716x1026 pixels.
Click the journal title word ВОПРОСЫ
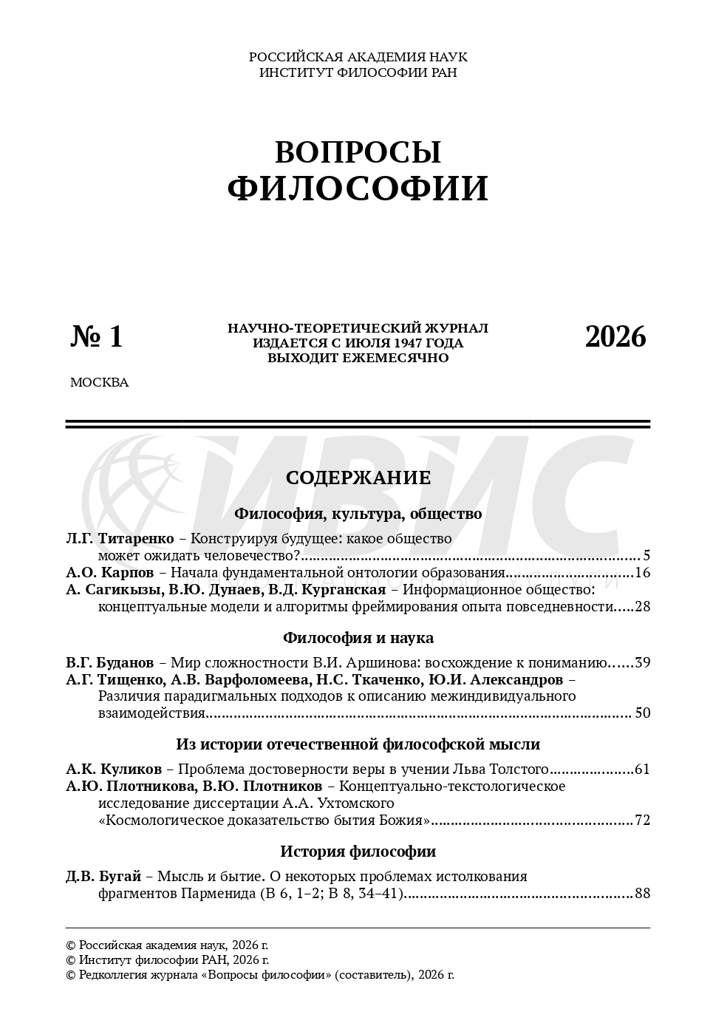click(x=358, y=152)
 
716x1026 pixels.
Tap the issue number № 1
click(x=97, y=336)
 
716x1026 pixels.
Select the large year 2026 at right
click(x=616, y=336)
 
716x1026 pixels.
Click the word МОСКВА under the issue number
click(x=99, y=383)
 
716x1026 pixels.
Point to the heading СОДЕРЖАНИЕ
click(x=358, y=478)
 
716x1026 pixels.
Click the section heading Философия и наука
click(x=358, y=637)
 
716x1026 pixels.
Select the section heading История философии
click(x=358, y=851)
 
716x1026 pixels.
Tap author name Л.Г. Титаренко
click(x=120, y=539)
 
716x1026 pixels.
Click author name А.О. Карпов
click(x=110, y=572)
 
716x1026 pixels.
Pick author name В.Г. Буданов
click(x=110, y=662)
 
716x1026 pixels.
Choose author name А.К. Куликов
click(x=114, y=769)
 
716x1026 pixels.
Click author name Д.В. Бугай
click(x=103, y=877)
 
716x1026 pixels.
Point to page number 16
click(x=642, y=573)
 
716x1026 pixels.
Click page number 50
click(x=642, y=713)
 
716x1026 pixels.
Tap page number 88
click(x=642, y=894)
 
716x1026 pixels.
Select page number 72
click(x=642, y=821)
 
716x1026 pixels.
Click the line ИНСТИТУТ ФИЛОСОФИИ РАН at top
click(x=358, y=72)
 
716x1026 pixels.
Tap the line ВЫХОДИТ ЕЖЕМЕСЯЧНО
click(x=358, y=358)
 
